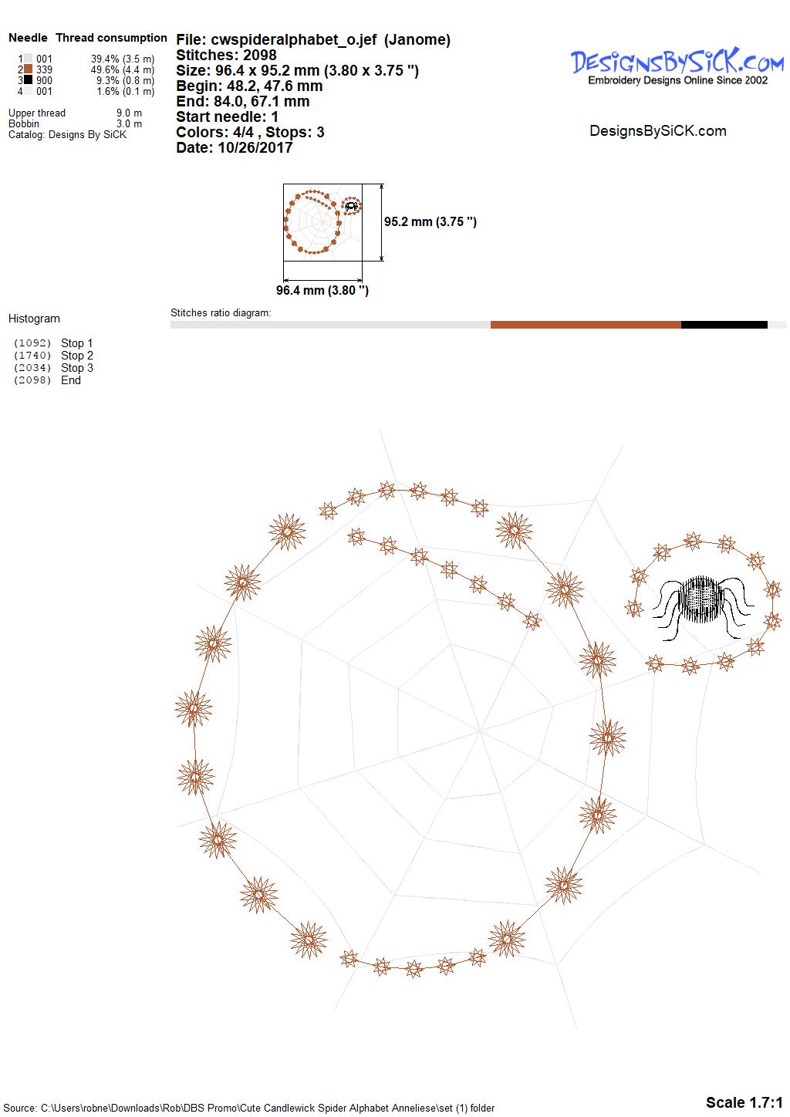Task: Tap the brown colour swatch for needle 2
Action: tap(29, 69)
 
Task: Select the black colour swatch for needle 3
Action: tap(29, 79)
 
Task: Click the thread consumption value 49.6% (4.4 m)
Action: tap(123, 69)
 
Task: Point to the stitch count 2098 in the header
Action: tap(259, 55)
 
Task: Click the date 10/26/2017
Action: tap(255, 147)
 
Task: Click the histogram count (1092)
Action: tap(32, 343)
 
